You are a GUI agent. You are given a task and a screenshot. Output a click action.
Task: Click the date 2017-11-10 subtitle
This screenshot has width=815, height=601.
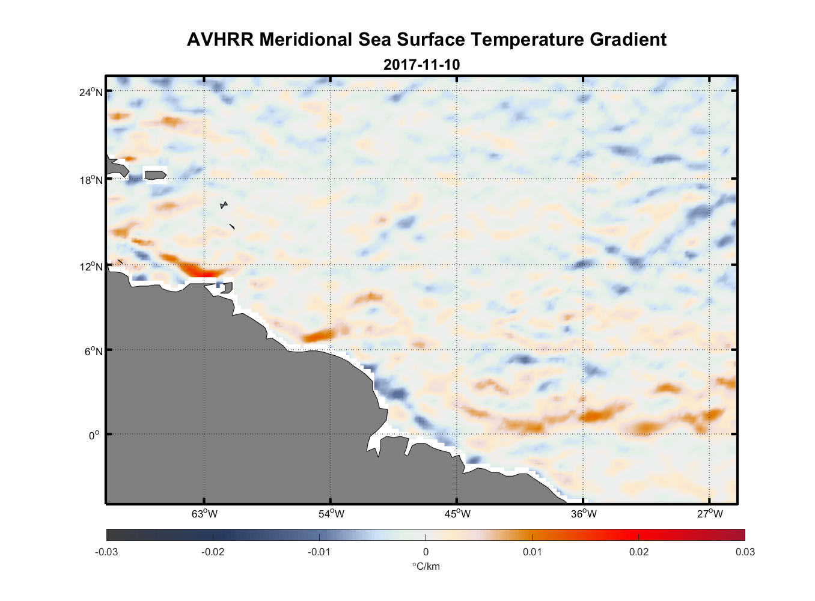(421, 64)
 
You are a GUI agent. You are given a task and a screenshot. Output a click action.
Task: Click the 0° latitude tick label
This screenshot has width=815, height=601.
(94, 435)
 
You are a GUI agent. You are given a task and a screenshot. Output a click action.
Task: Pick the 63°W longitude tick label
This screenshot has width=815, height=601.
(204, 514)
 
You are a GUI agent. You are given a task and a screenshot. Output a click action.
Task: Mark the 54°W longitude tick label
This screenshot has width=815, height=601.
(331, 514)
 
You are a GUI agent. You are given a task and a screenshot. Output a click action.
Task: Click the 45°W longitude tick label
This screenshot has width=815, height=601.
(457, 514)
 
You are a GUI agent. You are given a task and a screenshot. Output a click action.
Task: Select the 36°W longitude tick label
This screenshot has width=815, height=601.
(584, 514)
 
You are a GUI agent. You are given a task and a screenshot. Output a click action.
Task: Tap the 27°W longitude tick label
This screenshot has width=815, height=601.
(710, 514)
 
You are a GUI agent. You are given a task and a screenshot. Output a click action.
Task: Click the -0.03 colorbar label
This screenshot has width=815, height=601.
(106, 552)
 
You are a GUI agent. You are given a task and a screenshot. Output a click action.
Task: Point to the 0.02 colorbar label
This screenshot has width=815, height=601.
(638, 552)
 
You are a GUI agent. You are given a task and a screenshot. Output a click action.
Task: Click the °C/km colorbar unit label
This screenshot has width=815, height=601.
(426, 566)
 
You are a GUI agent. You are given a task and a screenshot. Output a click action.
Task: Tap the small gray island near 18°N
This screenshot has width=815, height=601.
(155, 175)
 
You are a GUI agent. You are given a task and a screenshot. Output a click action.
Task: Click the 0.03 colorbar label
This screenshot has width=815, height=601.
(745, 552)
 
